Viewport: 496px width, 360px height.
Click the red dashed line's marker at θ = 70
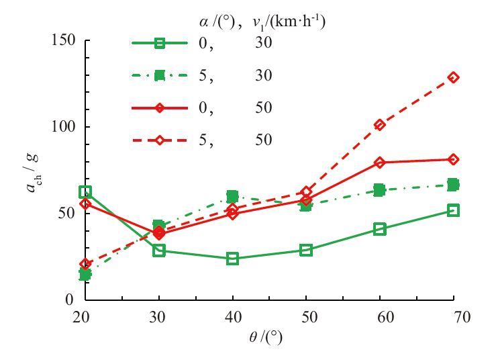point(453,77)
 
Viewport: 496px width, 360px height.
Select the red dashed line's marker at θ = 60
point(380,125)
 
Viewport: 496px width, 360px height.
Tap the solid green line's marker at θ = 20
point(85,192)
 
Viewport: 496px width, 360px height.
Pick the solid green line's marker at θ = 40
point(232,259)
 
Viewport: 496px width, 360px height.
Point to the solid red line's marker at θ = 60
point(380,163)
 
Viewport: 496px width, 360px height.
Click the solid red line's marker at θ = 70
point(453,159)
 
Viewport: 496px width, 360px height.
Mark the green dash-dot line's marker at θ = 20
point(85,274)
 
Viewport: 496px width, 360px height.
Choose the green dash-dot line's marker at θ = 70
point(453,184)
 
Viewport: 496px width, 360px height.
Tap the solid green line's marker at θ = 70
point(453,210)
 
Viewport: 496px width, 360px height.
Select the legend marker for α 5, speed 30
point(160,76)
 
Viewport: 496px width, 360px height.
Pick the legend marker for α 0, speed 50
point(160,107)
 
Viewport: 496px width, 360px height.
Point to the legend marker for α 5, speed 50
point(160,140)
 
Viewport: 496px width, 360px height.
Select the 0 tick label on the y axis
point(70,300)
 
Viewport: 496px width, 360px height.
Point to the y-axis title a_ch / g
point(34,171)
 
